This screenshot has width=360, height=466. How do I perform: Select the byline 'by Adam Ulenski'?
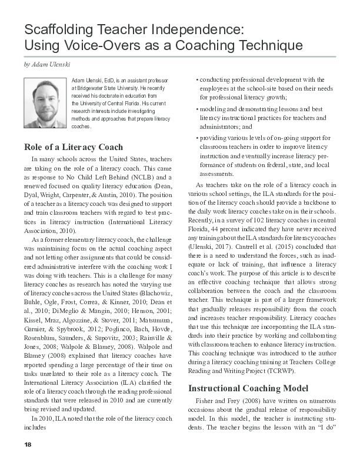point(45,64)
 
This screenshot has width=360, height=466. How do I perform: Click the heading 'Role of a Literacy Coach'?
point(73,147)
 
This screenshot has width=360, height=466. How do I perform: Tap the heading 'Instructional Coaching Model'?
point(249,388)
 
